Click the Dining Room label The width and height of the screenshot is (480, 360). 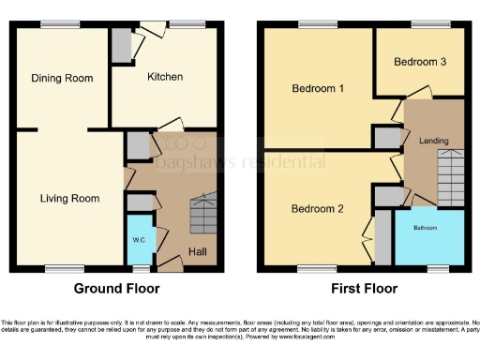coord(61,79)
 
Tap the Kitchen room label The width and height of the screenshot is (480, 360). coord(164,76)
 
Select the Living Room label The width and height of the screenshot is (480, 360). coord(69,198)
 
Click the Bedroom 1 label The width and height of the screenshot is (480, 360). coord(318,89)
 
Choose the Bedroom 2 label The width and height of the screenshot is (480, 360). coord(316,208)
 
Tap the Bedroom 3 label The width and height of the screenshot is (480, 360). coord(419,62)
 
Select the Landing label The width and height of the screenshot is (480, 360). coord(433,142)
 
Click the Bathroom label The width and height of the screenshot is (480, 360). coord(428,228)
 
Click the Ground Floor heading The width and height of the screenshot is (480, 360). coord(116,289)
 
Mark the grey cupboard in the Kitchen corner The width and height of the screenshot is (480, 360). coord(121,44)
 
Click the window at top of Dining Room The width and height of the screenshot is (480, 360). coord(60,24)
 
